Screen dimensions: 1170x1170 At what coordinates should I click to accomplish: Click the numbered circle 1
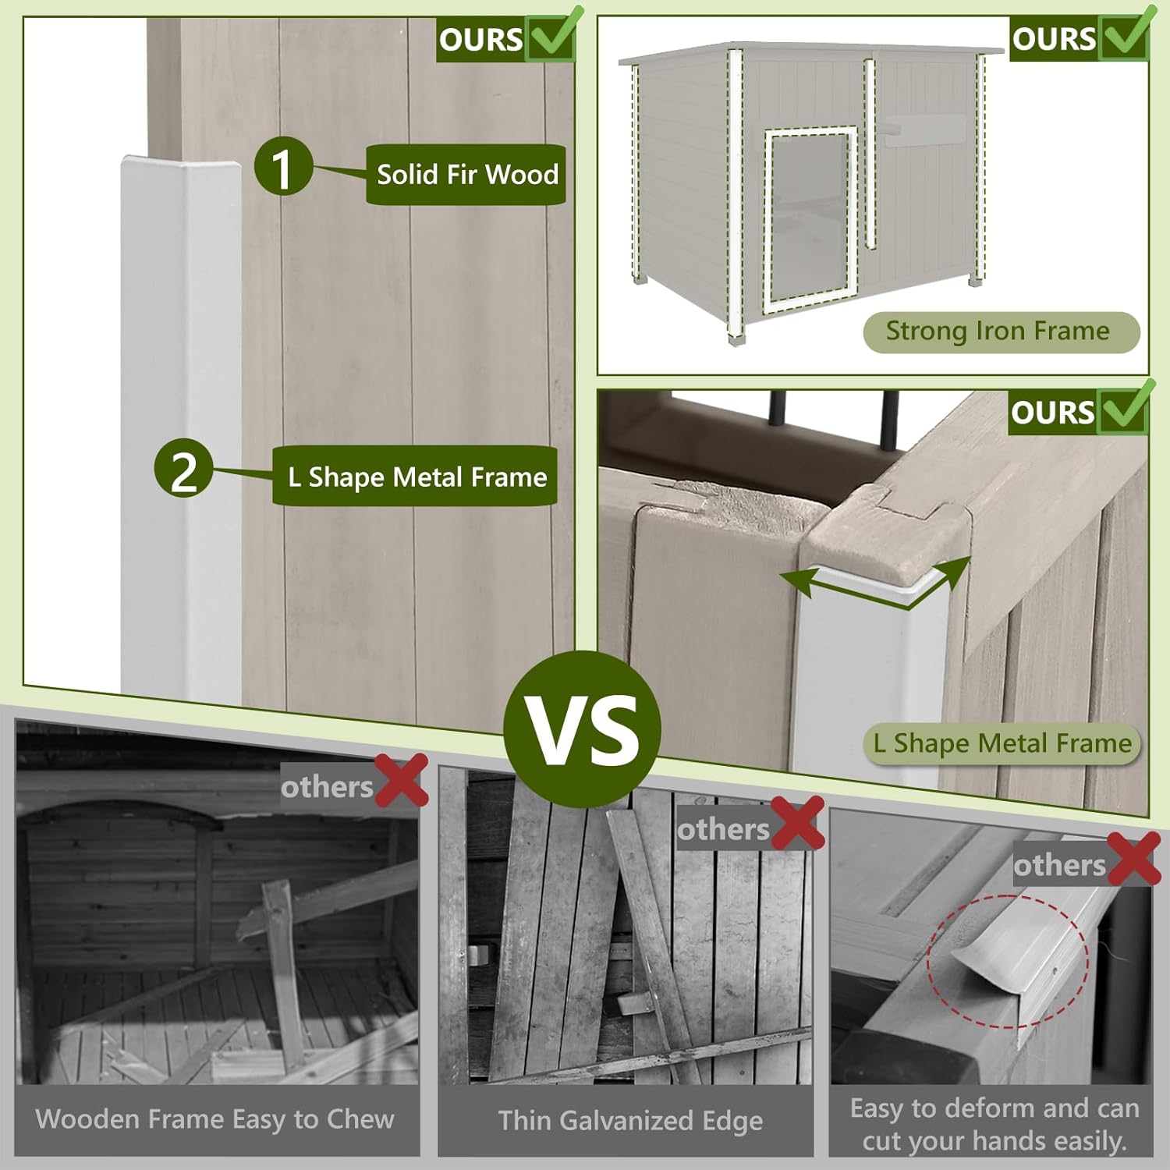[x=282, y=166]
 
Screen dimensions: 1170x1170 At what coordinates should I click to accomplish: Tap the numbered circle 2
[x=184, y=468]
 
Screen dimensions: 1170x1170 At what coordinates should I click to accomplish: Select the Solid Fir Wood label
[x=466, y=175]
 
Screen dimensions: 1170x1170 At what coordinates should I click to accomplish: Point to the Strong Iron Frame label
[x=1001, y=331]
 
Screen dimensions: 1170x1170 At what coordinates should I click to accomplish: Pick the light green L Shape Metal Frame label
[x=1002, y=743]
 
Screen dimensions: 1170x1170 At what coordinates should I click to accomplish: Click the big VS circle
[x=582, y=730]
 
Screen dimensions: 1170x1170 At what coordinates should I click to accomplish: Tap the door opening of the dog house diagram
[x=809, y=219]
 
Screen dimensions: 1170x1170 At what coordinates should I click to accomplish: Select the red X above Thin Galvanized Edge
[x=797, y=823]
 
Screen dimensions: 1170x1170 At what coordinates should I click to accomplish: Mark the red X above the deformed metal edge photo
[x=1133, y=859]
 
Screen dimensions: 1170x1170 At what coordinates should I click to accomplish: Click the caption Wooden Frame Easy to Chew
[x=215, y=1119]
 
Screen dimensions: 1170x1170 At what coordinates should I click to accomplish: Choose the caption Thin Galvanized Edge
[x=630, y=1121]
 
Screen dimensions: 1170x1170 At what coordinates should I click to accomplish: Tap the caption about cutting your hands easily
[x=994, y=1125]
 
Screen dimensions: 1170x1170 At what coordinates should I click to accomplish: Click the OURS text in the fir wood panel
[x=480, y=40]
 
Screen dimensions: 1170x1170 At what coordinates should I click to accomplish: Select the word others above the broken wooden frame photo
[x=328, y=787]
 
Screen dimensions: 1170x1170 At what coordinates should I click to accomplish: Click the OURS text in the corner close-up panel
[x=1053, y=413]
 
